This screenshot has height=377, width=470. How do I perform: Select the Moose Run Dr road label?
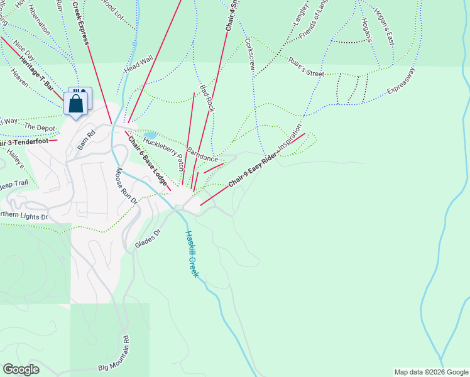point(125,186)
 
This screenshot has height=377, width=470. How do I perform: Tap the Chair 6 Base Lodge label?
point(148,161)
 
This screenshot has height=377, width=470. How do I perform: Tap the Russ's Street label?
point(306,69)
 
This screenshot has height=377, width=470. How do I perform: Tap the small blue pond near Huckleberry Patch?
point(150,135)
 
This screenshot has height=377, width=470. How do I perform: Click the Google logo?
point(21,369)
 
